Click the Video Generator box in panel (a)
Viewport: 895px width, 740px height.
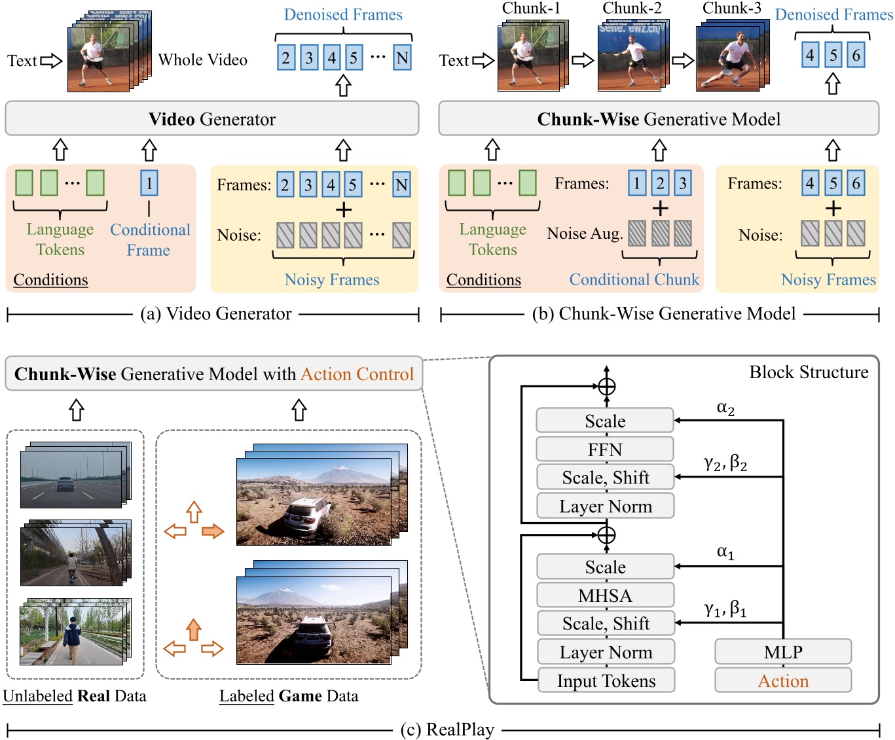tap(211, 119)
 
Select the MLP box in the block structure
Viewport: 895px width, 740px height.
tap(782, 652)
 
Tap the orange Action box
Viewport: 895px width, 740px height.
tap(782, 680)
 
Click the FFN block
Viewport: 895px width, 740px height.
tap(604, 449)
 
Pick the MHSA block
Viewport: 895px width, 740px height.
tap(604, 595)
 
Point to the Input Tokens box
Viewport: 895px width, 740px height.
tap(606, 680)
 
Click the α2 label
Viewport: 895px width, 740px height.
tap(725, 408)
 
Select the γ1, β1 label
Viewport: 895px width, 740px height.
tap(725, 609)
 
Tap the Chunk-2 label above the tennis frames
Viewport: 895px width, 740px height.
tap(632, 9)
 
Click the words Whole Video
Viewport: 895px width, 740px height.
tap(202, 60)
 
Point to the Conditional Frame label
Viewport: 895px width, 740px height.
tap(149, 239)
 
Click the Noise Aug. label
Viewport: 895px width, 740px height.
tap(585, 234)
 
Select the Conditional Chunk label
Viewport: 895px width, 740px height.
tap(634, 279)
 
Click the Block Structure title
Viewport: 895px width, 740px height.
tap(809, 372)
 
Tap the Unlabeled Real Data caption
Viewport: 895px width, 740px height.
tap(75, 696)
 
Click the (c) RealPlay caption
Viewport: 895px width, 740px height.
tap(447, 730)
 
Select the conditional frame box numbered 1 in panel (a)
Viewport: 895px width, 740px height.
tap(149, 183)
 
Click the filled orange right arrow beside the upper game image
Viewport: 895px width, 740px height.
tap(213, 531)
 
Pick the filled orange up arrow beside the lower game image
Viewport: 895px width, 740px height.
tap(193, 629)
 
